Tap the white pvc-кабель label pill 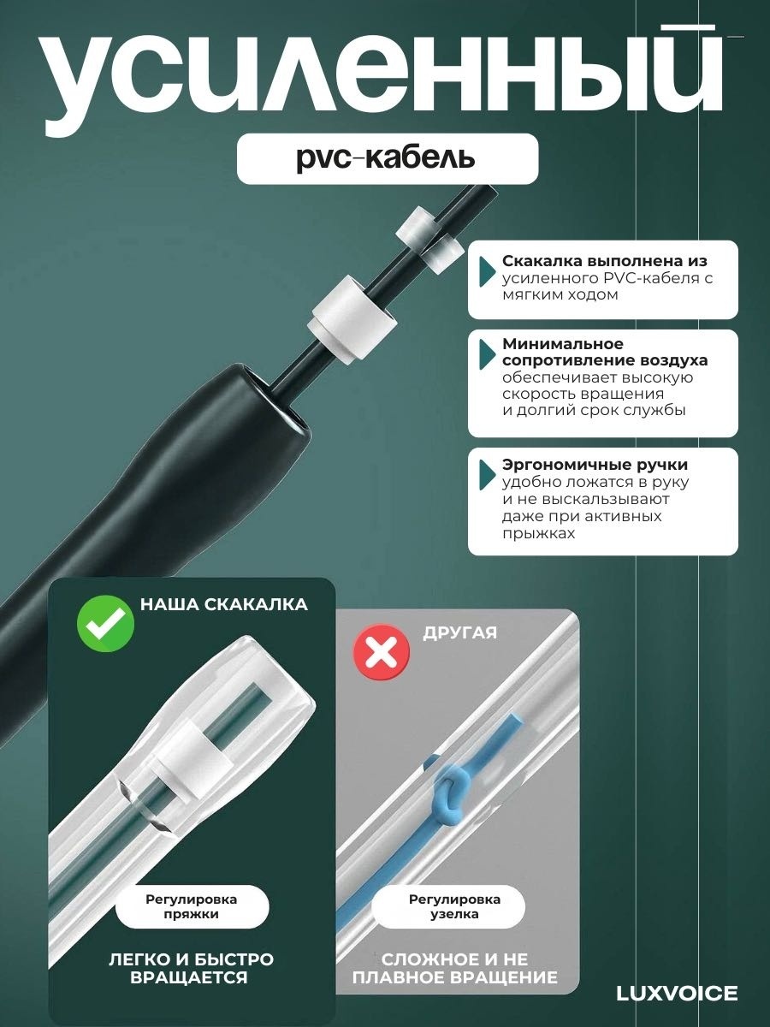(388, 158)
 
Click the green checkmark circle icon (105, 624)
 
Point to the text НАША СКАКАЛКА (224, 604)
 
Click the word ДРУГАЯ (459, 633)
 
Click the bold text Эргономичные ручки (595, 465)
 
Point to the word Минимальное (563, 344)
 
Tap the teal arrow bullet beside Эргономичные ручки (487, 475)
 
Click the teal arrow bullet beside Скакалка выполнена (487, 271)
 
